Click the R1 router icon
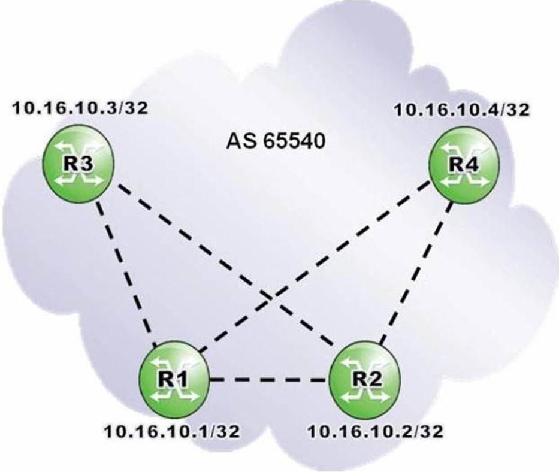tap(174, 379)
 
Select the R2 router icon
tap(364, 379)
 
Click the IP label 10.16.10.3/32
tap(80, 108)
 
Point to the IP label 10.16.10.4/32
tap(462, 110)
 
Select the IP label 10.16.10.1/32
tap(172, 432)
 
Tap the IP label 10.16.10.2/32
tap(376, 432)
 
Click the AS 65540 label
tap(276, 141)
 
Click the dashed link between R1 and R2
tap(269, 380)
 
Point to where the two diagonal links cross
tap(273, 294)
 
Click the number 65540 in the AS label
tap(294, 141)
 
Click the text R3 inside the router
tap(78, 164)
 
